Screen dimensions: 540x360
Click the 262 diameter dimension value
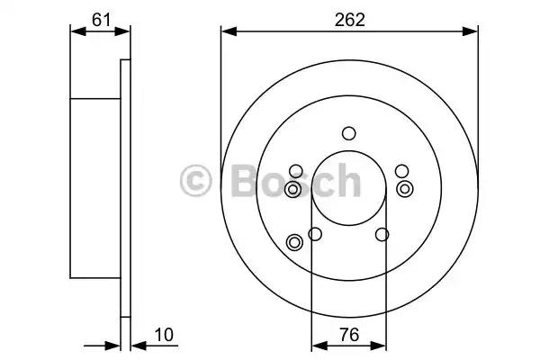click(x=349, y=20)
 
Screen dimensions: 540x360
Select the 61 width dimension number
click(x=101, y=20)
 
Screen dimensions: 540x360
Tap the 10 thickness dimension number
click(x=164, y=335)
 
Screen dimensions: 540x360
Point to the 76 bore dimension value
click(x=349, y=335)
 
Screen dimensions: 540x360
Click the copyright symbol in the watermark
click(x=195, y=181)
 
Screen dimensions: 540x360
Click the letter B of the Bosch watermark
click(x=245, y=181)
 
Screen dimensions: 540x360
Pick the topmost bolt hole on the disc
click(x=349, y=133)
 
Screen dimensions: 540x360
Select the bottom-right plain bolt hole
click(x=382, y=234)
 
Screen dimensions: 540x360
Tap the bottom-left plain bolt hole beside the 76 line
click(x=315, y=234)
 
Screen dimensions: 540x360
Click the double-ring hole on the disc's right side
click(x=405, y=189)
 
